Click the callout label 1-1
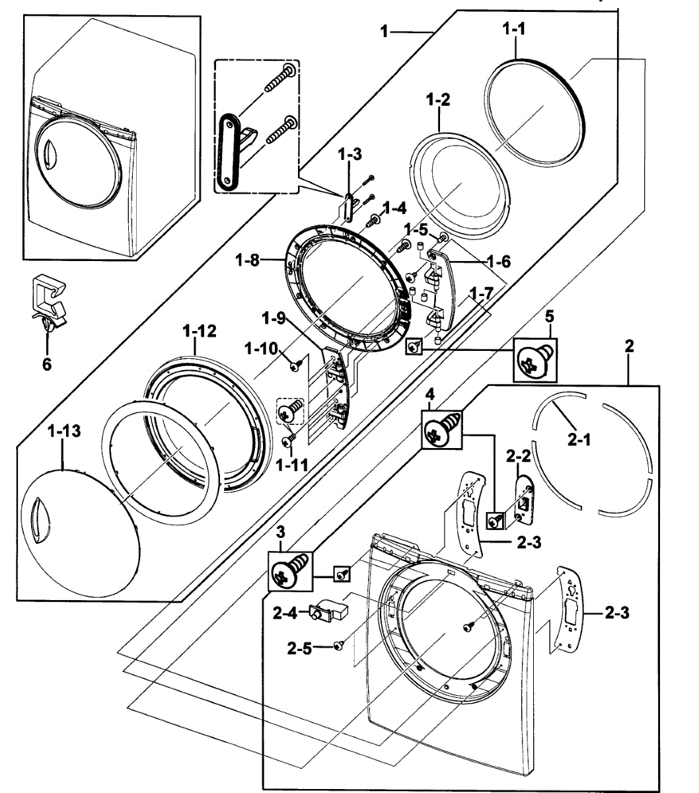[x=513, y=28]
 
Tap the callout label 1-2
[x=438, y=100]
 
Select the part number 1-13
[x=64, y=431]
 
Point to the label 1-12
[x=200, y=332]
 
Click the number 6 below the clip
[x=46, y=364]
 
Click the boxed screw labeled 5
[x=535, y=359]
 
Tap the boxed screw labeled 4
[x=441, y=430]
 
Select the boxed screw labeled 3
[x=290, y=571]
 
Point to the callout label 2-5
[x=299, y=648]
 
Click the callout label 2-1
[x=579, y=440]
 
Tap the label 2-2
[x=518, y=455]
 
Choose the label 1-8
[x=247, y=260]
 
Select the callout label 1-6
[x=499, y=262]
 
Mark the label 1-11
[x=292, y=465]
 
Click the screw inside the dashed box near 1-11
[x=291, y=410]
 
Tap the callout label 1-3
[x=350, y=154]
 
